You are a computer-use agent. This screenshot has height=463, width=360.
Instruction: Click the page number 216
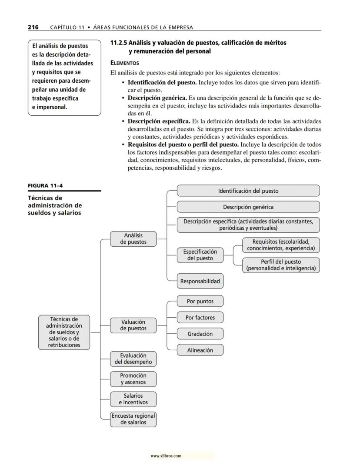[33, 27]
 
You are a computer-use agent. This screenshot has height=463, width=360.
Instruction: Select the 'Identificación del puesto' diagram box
[248, 191]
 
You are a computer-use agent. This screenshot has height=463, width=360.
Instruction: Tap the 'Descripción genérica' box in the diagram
[248, 207]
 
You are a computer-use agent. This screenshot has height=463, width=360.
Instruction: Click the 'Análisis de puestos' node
[133, 239]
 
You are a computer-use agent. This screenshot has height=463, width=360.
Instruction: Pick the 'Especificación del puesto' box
[200, 255]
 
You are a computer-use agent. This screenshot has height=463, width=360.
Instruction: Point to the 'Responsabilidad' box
[200, 281]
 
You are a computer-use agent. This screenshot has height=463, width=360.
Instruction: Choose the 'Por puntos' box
[200, 301]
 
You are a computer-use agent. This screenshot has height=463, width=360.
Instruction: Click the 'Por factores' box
[200, 318]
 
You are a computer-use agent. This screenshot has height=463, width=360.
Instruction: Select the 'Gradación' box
[200, 334]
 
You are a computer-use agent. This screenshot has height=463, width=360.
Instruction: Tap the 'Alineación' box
[200, 350]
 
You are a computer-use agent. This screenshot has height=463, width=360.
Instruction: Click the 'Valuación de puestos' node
[133, 325]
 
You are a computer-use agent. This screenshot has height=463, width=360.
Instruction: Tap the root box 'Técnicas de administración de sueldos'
[64, 332]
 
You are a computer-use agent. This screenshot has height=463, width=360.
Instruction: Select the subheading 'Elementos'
[124, 63]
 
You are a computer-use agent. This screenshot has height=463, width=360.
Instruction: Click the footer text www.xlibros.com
[166, 456]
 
